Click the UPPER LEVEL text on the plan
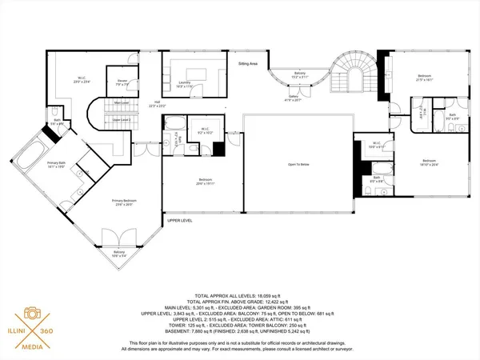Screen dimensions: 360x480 180,220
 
